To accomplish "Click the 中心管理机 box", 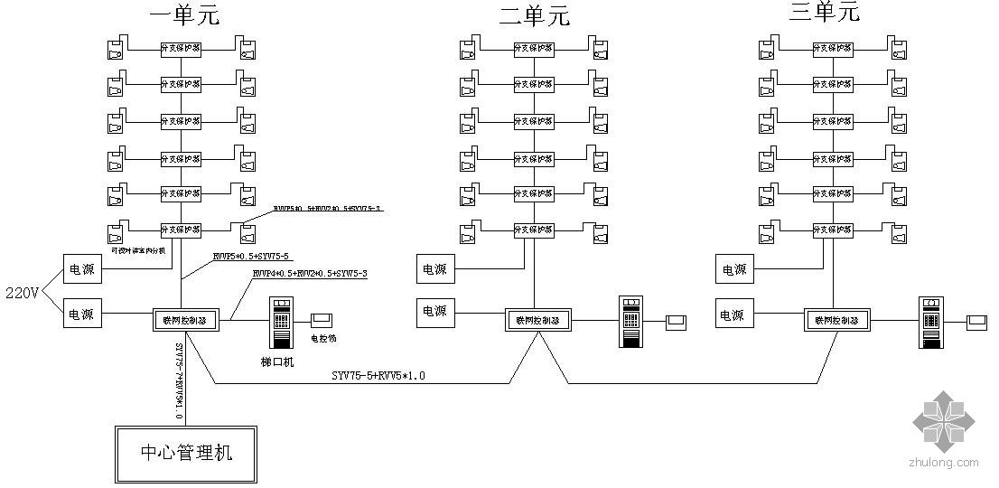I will coord(184,452).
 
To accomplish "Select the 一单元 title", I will coord(184,15).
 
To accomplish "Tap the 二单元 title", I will coord(535,15).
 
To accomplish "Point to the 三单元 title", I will coord(824,12).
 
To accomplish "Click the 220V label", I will coord(23,293).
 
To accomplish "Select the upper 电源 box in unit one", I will coord(82,268).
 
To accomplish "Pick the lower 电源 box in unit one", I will coord(82,314).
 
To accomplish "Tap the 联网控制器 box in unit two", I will coord(535,319).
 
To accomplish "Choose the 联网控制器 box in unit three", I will coord(835,319).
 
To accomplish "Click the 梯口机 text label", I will coord(278,361).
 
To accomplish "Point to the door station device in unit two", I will coord(630,321).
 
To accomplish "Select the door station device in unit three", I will coord(930,321).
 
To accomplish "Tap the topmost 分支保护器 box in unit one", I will coord(181,48).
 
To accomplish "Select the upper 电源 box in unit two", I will coord(434,268).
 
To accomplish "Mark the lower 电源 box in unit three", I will coord(733,314).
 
